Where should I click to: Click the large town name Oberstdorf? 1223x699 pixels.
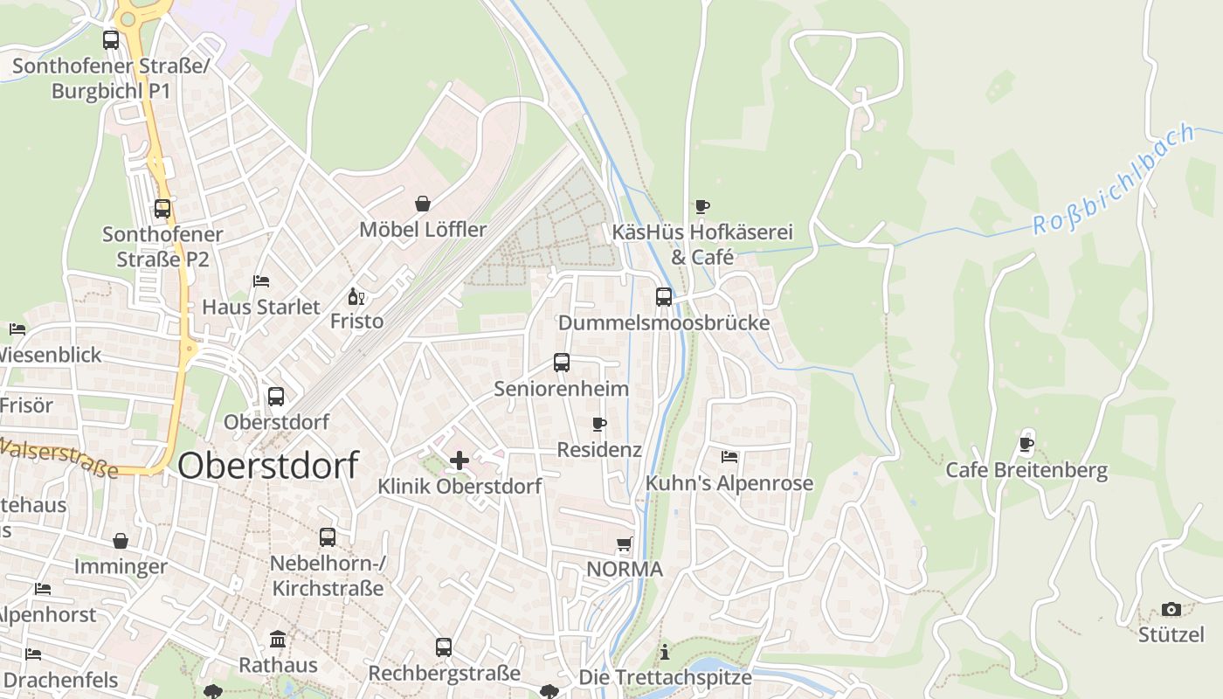pos(267,466)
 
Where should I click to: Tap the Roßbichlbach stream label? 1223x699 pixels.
pos(1113,179)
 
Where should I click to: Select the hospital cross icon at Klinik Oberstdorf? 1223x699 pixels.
pos(459,460)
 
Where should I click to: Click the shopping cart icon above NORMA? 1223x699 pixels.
pos(625,544)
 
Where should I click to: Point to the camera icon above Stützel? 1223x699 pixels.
pos(1171,609)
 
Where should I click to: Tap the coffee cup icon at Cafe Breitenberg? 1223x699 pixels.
pos(1026,444)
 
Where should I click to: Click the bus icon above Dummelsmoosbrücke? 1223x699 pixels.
pos(664,296)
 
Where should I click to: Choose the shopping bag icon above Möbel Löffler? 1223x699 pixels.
pos(423,204)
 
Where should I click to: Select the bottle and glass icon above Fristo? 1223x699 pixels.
pos(356,296)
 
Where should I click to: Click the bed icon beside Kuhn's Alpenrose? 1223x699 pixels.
pos(729,457)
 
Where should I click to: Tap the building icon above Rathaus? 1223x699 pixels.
pos(278,639)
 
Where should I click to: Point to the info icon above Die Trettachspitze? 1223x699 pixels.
pos(665,652)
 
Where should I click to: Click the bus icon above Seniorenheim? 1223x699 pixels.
pos(562,362)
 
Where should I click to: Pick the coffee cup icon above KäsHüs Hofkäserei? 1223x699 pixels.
pos(701,206)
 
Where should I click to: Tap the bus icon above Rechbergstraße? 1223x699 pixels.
pos(444,647)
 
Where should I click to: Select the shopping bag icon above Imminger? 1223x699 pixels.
pos(121,541)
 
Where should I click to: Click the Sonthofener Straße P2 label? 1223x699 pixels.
pos(162,246)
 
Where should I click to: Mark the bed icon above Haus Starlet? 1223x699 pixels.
pos(261,281)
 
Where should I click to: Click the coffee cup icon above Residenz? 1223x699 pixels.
pos(599,424)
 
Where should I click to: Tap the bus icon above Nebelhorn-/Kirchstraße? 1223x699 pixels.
pos(328,536)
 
